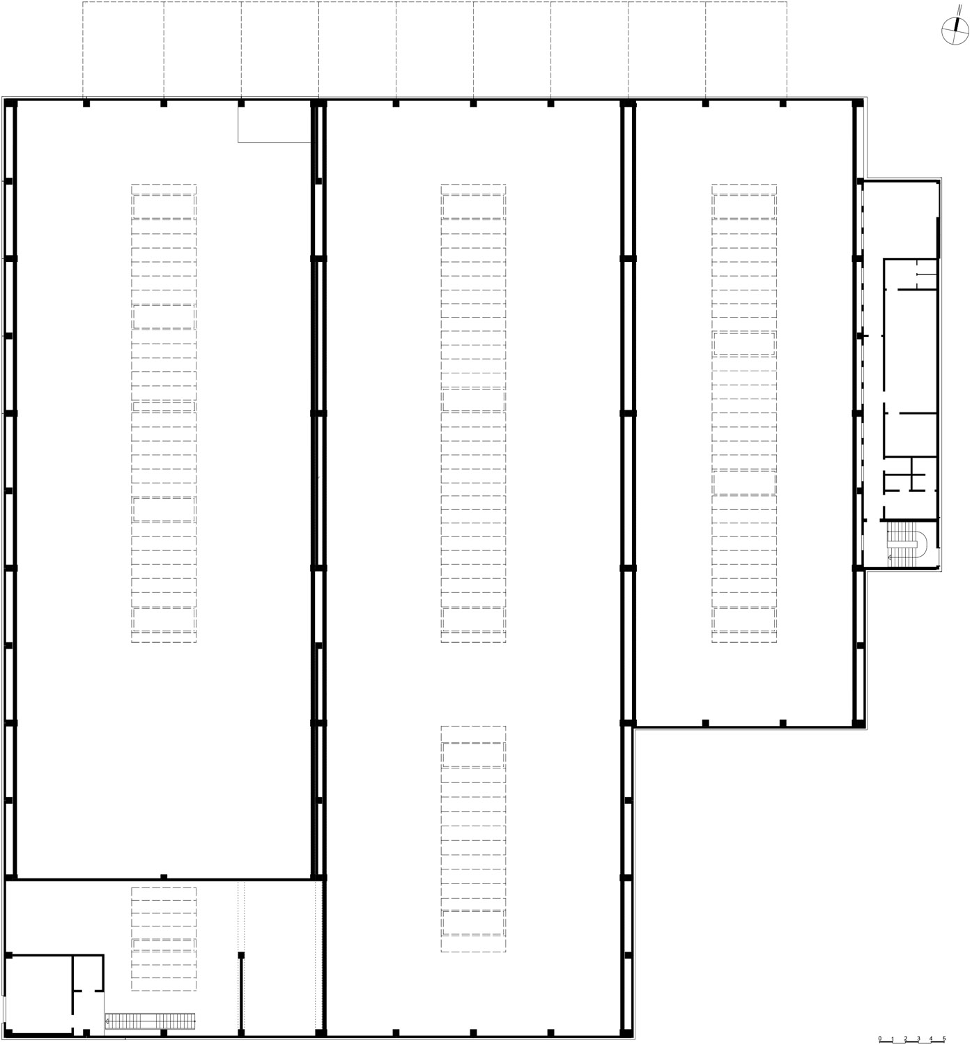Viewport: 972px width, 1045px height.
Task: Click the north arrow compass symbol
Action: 955,31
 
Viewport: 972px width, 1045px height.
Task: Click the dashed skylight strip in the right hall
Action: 744,413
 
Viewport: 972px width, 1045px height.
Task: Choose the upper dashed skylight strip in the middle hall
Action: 473,413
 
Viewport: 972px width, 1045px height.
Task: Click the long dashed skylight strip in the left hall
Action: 164,413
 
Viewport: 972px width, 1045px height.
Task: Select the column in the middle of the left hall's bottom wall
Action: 164,876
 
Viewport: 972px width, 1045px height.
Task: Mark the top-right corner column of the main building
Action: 858,104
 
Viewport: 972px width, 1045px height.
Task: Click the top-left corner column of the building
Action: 10,104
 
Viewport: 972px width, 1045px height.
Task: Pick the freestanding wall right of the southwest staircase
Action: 241,994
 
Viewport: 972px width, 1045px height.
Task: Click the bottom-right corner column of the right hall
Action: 858,724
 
